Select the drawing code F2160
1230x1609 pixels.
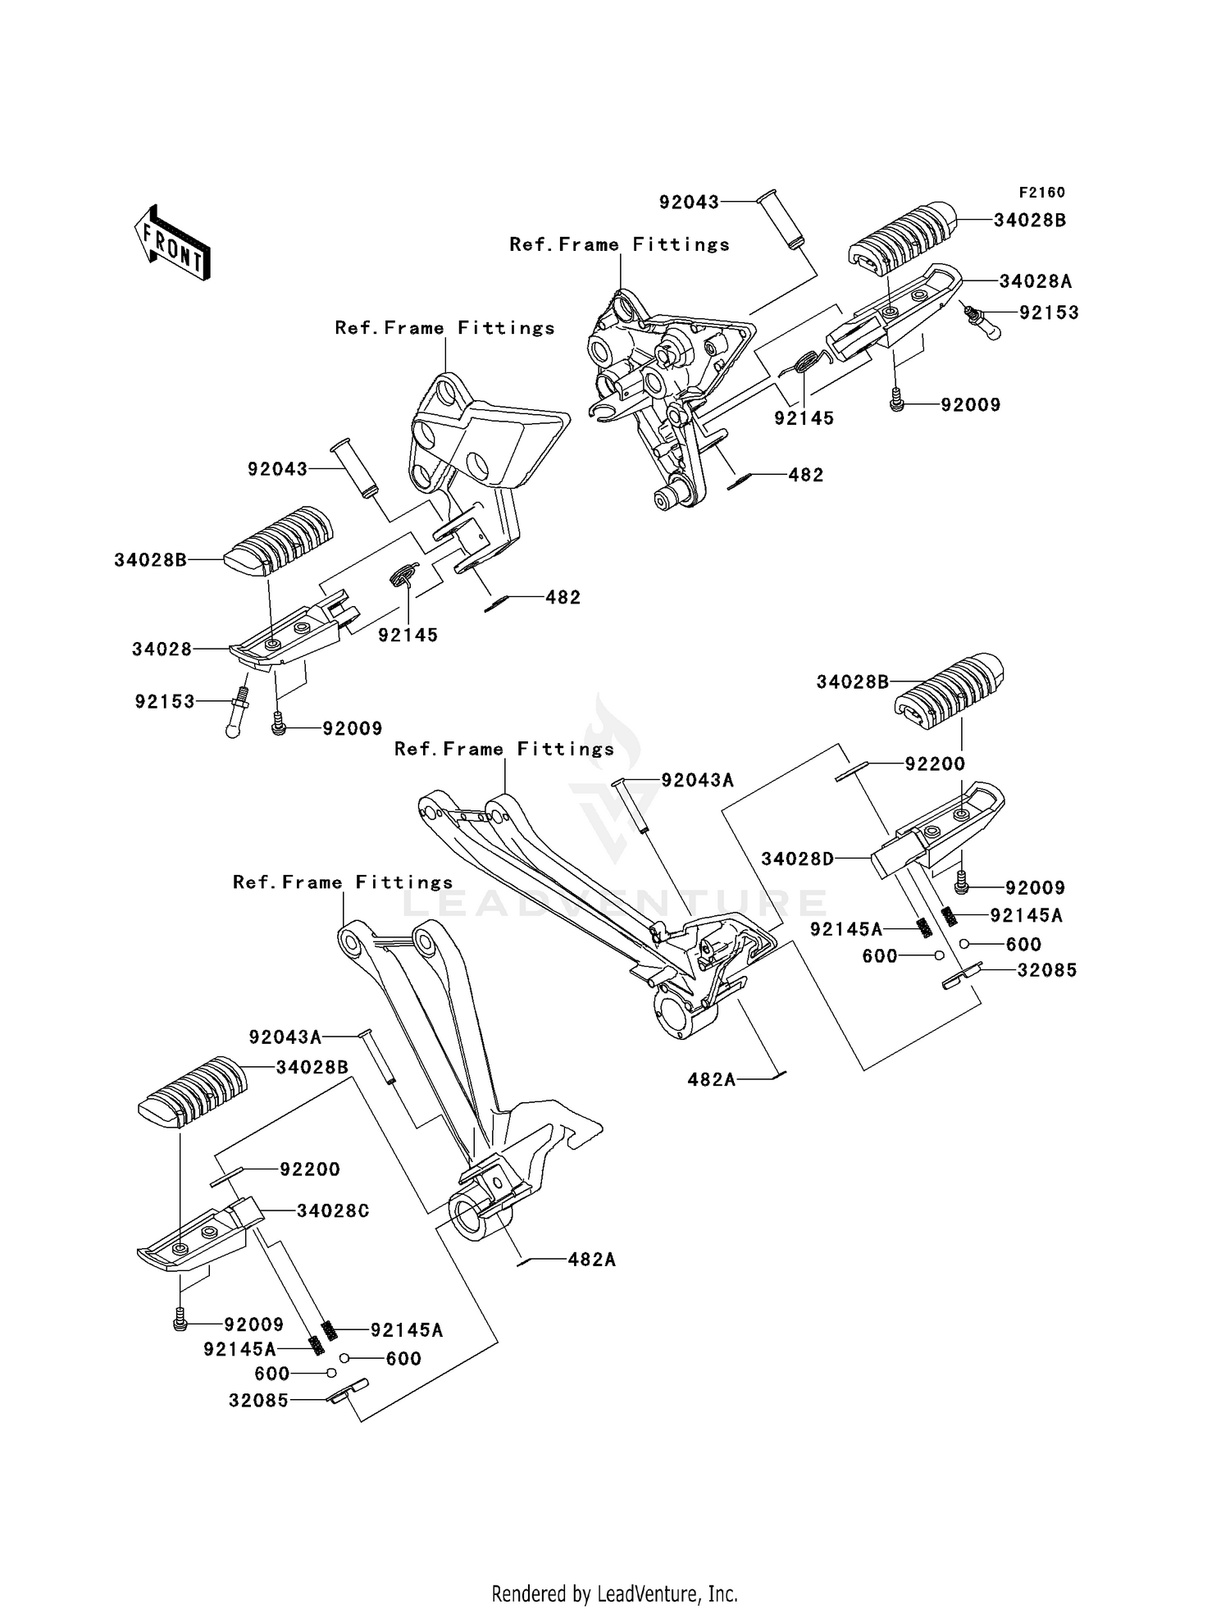1041,193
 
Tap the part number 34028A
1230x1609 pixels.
1036,281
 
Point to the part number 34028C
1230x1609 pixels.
333,1210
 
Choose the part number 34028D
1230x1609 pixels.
797,859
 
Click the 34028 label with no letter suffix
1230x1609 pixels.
162,650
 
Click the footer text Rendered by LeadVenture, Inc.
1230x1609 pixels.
614,1593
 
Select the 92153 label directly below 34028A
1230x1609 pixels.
1049,312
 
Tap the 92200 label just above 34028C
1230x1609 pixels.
310,1169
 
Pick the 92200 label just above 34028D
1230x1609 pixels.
935,763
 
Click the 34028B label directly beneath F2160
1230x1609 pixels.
1030,221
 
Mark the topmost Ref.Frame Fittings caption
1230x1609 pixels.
619,244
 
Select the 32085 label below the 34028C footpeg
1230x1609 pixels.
259,1401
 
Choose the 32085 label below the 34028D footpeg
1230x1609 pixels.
1047,970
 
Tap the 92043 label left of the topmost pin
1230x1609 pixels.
690,202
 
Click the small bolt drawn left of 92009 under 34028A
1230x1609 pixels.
896,399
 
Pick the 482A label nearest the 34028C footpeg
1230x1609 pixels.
591,1259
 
